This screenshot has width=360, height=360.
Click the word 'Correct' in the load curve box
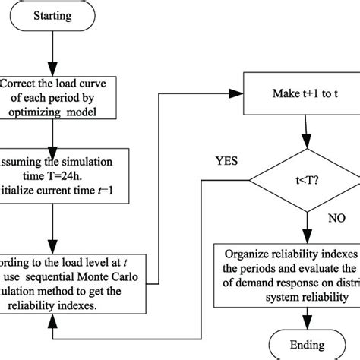pos(24,83)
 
